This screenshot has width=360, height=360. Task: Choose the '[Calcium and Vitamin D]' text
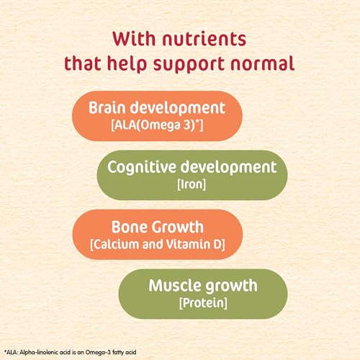tap(158, 245)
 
